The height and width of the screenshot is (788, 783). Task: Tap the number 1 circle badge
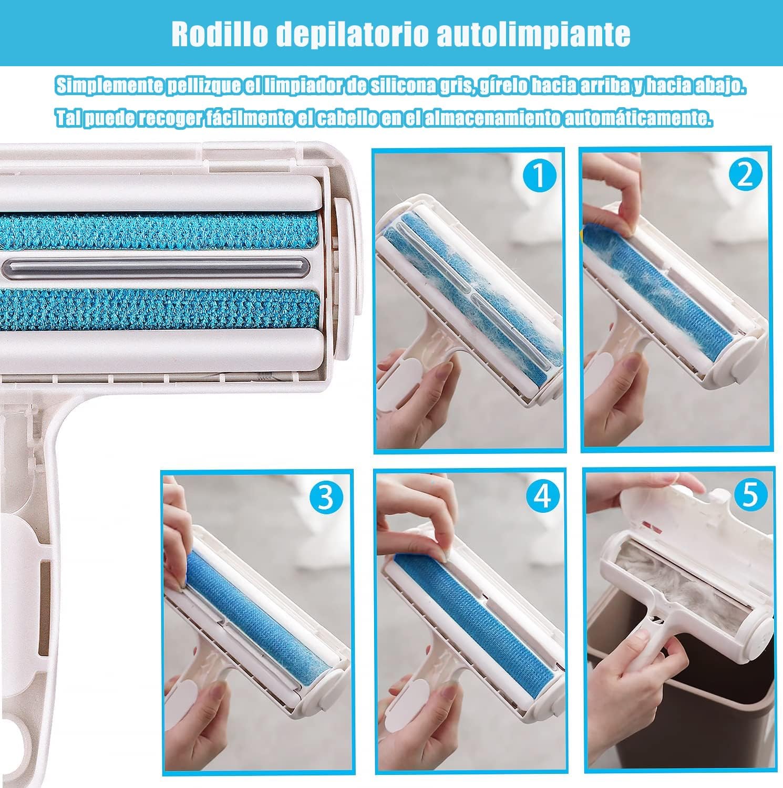(538, 175)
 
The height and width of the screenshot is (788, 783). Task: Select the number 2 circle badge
(745, 175)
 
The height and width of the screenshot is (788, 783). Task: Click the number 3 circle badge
(326, 497)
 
